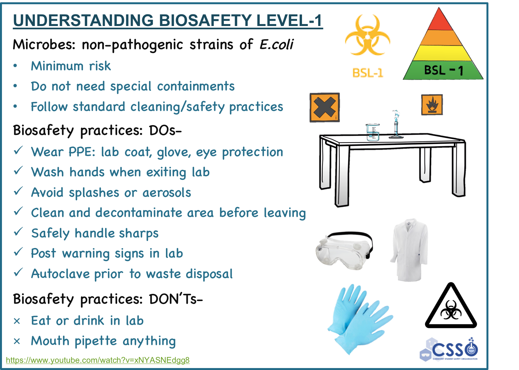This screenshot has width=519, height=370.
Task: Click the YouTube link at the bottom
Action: [98, 360]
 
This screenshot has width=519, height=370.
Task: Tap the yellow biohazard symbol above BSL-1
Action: [367, 35]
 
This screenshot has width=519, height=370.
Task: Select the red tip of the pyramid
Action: [439, 20]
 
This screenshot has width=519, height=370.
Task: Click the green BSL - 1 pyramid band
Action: [443, 70]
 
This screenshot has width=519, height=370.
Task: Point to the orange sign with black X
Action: [325, 107]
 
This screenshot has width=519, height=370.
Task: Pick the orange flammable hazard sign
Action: [432, 105]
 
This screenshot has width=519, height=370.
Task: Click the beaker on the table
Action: [373, 132]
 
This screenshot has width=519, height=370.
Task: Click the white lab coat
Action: [409, 250]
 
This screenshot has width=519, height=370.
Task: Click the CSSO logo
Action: [449, 350]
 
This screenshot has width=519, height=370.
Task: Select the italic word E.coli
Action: [276, 44]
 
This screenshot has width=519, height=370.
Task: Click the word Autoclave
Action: [61, 274]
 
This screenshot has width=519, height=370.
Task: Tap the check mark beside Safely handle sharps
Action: [18, 231]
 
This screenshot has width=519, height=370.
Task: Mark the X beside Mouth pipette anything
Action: [17, 341]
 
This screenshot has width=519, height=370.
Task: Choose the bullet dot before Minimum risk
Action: [15, 66]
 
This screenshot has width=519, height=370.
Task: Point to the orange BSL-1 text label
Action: [368, 73]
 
